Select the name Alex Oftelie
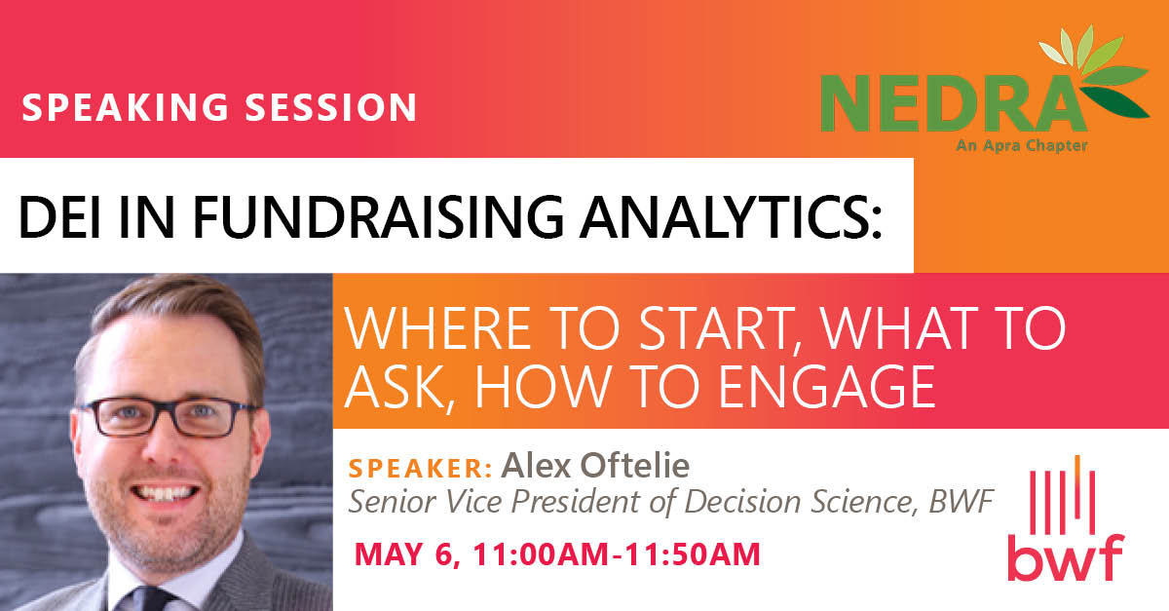pos(595,466)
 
